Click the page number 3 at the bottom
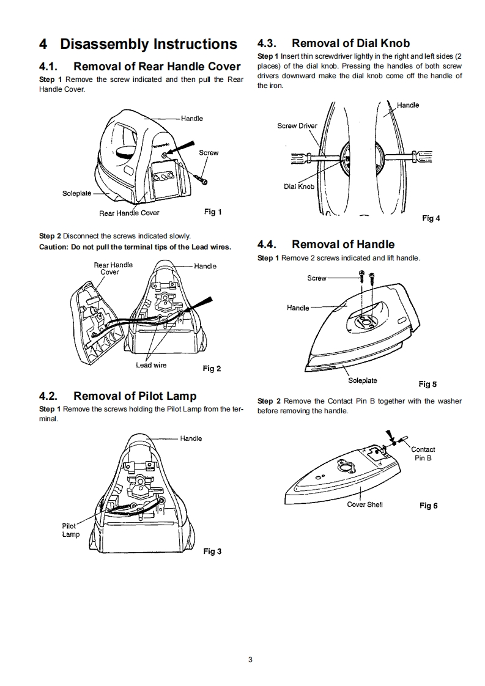tap(250, 659)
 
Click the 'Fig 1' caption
tap(212, 212)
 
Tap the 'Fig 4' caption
tap(431, 218)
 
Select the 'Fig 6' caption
tap(428, 506)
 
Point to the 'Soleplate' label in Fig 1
tap(76, 193)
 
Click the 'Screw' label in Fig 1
tap(209, 153)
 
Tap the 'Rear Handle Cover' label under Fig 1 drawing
tap(129, 213)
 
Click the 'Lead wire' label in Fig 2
tap(151, 365)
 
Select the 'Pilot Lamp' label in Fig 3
tap(70, 530)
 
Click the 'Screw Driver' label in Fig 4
tap(297, 126)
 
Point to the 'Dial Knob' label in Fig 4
tap(299, 186)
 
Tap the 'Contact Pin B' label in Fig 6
tap(423, 454)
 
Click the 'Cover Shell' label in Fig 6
tap(365, 504)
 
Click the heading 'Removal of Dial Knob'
tap(350, 43)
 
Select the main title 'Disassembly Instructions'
tap(149, 44)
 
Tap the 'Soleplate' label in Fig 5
tap(363, 380)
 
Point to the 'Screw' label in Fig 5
tap(317, 278)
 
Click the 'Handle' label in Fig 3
tap(191, 438)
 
